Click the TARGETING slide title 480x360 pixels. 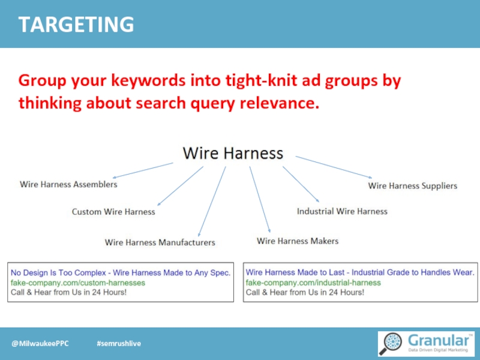click(76, 25)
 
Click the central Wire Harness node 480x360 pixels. click(233, 154)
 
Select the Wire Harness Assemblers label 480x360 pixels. click(68, 185)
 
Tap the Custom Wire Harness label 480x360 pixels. click(113, 212)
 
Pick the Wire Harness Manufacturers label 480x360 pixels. click(160, 242)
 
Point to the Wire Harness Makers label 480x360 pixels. click(298, 241)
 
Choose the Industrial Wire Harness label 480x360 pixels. click(342, 211)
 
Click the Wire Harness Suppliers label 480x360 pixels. click(412, 186)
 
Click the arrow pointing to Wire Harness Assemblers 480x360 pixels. click(143, 170)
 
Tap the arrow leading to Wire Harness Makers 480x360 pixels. click(260, 199)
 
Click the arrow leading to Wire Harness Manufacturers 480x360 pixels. click(212, 201)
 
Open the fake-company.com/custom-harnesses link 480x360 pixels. click(78, 283)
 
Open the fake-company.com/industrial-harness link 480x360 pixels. click(313, 283)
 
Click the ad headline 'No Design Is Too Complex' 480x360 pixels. click(120, 272)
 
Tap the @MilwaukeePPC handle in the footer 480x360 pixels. click(40, 343)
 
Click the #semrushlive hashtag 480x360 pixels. click(119, 343)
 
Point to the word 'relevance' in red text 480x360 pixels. click(278, 103)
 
